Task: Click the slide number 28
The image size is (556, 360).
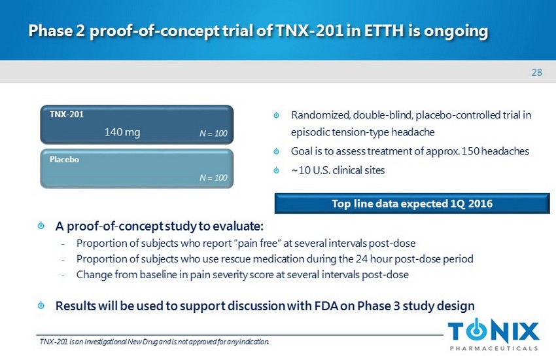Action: pyautogui.click(x=536, y=73)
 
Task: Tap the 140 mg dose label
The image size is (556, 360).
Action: pyautogui.click(x=122, y=132)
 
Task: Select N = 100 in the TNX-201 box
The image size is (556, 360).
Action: pyautogui.click(x=213, y=134)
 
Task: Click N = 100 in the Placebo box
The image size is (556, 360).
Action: pyautogui.click(x=213, y=177)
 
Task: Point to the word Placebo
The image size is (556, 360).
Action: pyautogui.click(x=64, y=159)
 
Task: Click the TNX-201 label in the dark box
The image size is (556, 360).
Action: pyautogui.click(x=67, y=114)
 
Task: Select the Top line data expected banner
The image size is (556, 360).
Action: pyautogui.click(x=412, y=204)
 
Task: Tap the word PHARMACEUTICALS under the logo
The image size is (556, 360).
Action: pyautogui.click(x=494, y=348)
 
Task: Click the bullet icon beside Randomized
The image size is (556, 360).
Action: pyautogui.click(x=276, y=115)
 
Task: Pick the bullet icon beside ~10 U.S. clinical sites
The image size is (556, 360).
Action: pyautogui.click(x=276, y=171)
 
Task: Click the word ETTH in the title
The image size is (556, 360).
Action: pyautogui.click(x=384, y=31)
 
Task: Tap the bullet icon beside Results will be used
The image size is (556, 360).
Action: pyautogui.click(x=41, y=305)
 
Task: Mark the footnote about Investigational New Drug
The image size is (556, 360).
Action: pyautogui.click(x=154, y=342)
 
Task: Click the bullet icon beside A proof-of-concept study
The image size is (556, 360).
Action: pyautogui.click(x=41, y=225)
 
